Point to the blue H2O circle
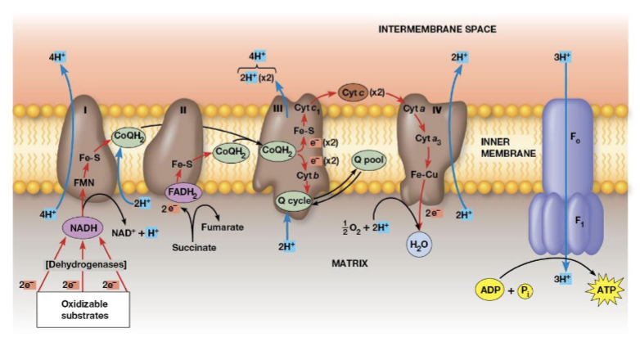click(x=419, y=243)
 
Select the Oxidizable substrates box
click(x=83, y=310)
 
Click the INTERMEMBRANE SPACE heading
click(x=437, y=29)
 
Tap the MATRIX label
click(x=350, y=263)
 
